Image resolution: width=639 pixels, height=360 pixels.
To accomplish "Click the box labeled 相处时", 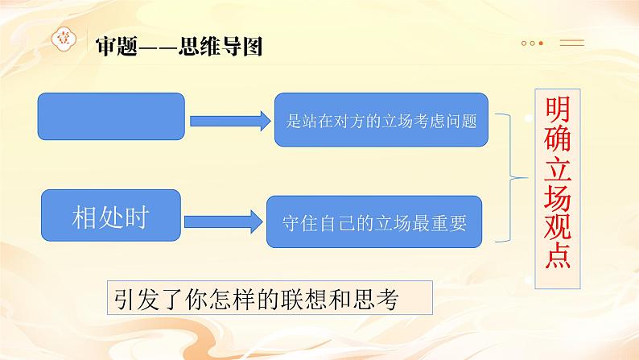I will [x=111, y=217].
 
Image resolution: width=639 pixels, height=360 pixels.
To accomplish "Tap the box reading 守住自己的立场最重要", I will [x=375, y=221].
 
